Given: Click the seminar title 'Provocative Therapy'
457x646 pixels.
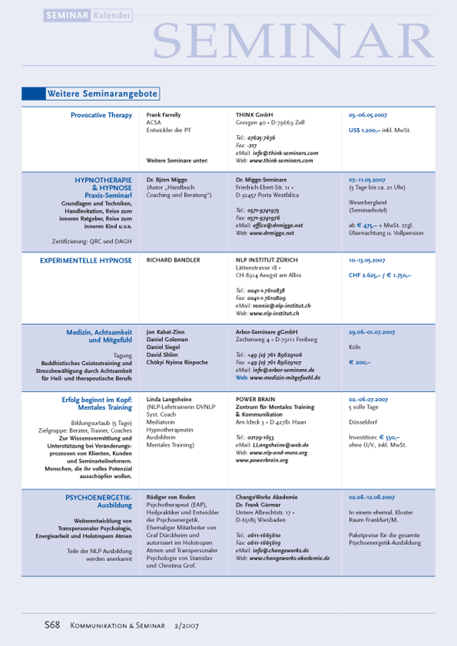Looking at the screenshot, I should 101,115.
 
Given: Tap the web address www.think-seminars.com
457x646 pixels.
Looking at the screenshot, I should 279,159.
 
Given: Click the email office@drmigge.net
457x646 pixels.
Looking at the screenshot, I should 277,226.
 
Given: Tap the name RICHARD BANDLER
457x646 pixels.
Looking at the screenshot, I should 173,260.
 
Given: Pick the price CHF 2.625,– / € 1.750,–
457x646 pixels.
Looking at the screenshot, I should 380,276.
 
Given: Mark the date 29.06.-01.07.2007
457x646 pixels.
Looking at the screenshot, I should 377,333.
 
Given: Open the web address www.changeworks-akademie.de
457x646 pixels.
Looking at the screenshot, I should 289,558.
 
